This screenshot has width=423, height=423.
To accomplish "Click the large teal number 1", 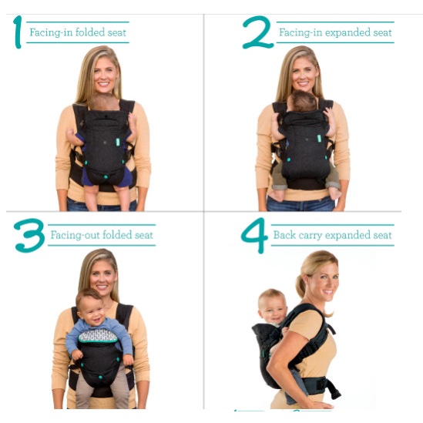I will [17, 32].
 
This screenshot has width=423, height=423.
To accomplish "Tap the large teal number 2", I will [257, 32].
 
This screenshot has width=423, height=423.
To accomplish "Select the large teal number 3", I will [29, 235].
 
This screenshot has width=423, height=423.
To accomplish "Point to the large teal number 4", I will [253, 235].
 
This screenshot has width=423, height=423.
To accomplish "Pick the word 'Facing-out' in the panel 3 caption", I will [71, 235].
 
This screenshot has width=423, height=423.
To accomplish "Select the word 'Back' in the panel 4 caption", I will [285, 235].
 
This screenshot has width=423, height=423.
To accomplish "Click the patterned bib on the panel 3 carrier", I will [99, 335].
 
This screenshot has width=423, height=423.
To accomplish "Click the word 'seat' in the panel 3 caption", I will [144, 235].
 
